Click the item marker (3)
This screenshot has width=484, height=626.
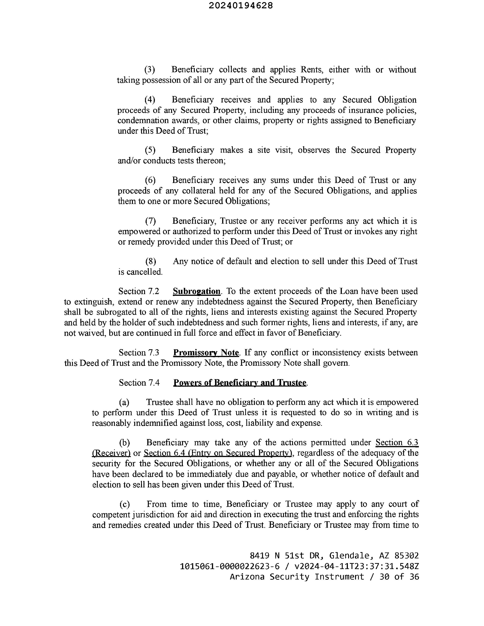click(149, 70)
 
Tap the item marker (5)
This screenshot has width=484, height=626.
click(150, 150)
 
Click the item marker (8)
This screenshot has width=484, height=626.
click(150, 261)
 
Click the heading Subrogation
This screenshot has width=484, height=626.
click(196, 291)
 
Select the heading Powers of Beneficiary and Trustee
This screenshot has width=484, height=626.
click(240, 383)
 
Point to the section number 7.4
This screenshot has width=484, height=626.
click(154, 383)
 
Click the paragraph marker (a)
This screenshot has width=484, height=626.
click(124, 402)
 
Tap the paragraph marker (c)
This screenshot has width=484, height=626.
click(124, 504)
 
